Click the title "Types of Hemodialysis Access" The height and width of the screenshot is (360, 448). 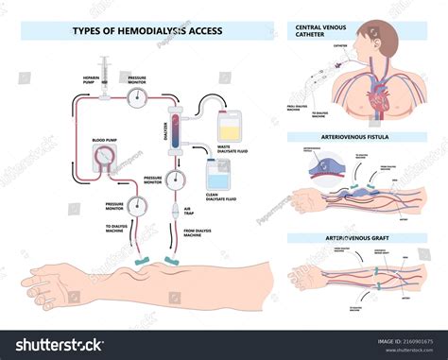147,30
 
